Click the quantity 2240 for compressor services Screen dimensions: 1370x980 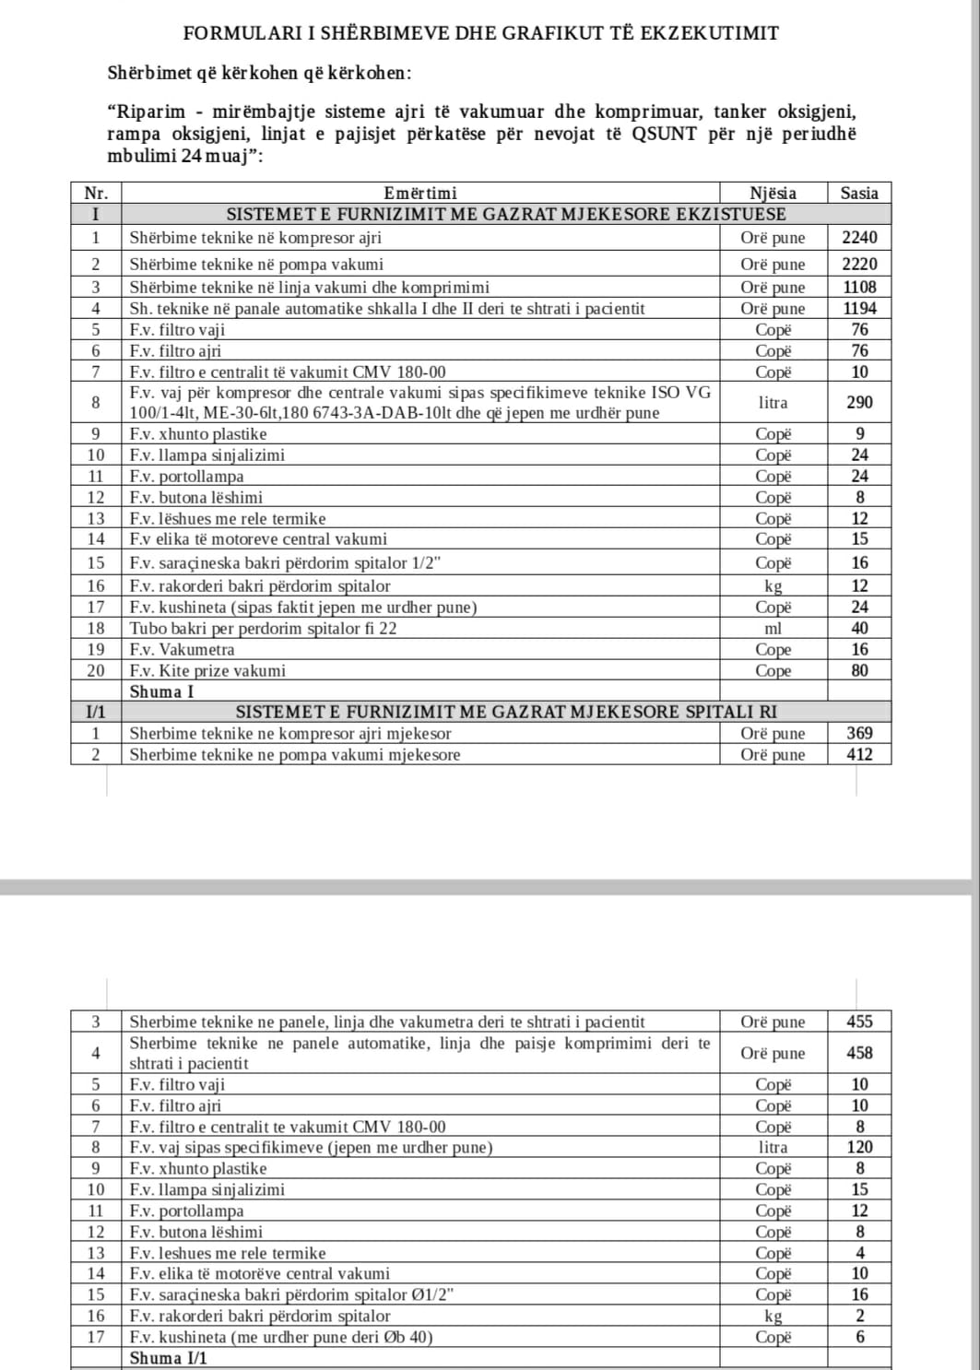[859, 238]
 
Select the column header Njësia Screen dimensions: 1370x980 [773, 194]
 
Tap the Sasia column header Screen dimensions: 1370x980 [859, 194]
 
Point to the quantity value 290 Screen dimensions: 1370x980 [859, 403]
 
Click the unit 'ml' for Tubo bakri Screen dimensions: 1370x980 [773, 629]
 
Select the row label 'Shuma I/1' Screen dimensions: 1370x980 [169, 1358]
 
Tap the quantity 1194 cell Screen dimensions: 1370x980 [859, 309]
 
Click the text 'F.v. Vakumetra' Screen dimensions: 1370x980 [182, 650]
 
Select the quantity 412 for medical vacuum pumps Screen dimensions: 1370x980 [859, 755]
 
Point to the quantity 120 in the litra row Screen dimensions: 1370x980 [859, 1148]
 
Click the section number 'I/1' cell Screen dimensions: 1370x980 [96, 712]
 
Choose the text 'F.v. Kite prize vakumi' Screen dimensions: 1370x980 [207, 671]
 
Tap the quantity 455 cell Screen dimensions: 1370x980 [859, 1022]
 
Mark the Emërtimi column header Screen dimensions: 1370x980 [419, 194]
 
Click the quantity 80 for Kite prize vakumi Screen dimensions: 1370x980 [859, 671]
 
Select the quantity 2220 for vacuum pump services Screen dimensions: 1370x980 [859, 265]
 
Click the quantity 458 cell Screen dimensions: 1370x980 [859, 1053]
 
